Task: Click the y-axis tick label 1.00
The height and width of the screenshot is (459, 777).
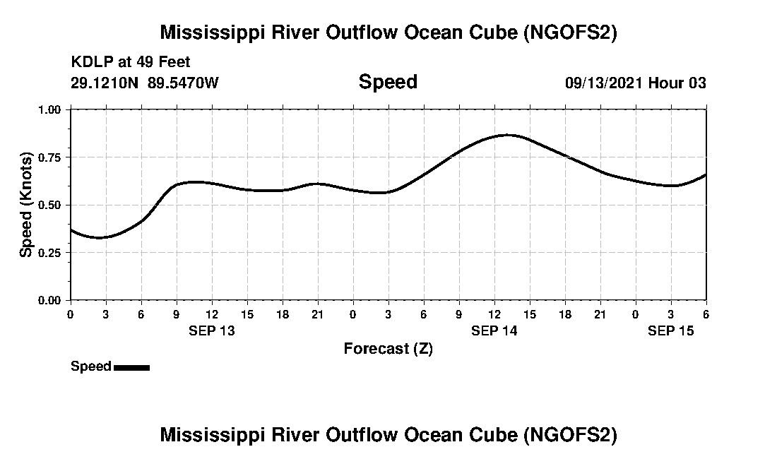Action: [x=49, y=109]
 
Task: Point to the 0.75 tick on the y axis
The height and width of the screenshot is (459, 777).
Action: [x=49, y=157]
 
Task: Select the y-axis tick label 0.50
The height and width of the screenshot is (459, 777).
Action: [x=49, y=205]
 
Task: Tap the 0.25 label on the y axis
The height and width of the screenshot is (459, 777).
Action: [x=49, y=252]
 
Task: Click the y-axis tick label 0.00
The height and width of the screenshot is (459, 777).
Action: [x=49, y=300]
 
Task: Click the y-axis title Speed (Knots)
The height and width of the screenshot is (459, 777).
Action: [x=26, y=205]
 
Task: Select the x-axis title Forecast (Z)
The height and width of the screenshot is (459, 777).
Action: [x=388, y=349]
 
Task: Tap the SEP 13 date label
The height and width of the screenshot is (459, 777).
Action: [x=211, y=331]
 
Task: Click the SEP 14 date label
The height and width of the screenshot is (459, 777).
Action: [x=494, y=331]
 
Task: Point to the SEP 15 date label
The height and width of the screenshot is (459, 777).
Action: [x=670, y=331]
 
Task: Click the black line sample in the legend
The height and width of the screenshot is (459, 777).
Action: [x=131, y=367]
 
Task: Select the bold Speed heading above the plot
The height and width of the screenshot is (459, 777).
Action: [x=388, y=82]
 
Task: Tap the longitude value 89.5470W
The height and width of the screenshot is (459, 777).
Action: [x=184, y=83]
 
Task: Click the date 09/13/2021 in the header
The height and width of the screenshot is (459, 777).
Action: [x=603, y=83]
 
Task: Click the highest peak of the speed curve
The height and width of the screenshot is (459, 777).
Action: [x=507, y=135]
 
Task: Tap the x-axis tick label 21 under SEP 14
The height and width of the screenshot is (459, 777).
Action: [x=600, y=314]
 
